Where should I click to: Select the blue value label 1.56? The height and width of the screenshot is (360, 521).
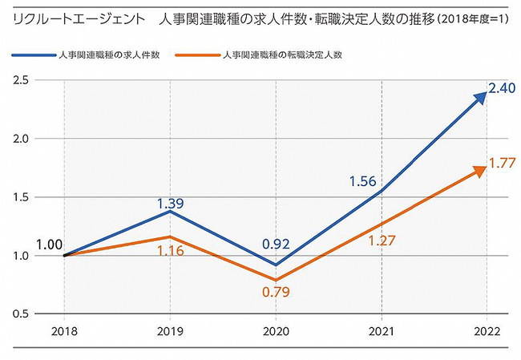click(x=364, y=182)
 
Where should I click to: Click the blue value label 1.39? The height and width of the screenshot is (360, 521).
click(x=169, y=204)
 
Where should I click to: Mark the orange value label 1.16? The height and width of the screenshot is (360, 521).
click(x=169, y=250)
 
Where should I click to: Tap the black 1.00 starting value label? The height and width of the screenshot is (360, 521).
click(x=50, y=245)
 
